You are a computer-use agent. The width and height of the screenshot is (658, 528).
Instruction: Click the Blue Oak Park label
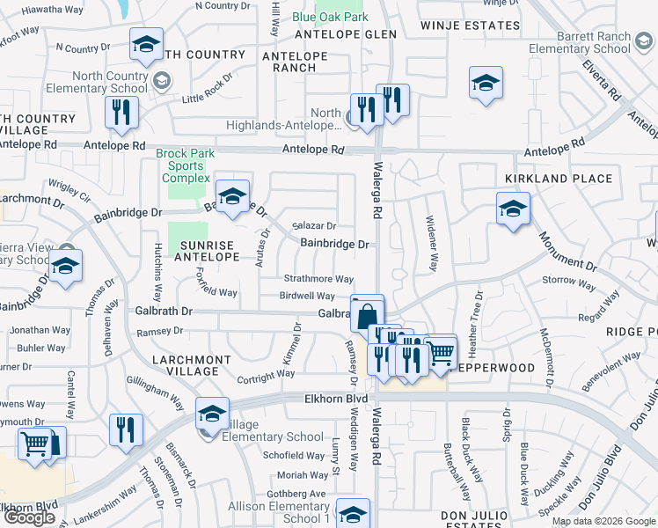[330, 17]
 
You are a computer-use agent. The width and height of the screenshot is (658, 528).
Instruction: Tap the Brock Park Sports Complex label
[185, 165]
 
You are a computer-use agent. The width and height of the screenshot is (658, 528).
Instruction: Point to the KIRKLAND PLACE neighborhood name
[545, 179]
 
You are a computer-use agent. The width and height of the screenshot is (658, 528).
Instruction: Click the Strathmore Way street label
[318, 279]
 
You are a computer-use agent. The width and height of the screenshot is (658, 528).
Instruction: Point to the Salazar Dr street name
[315, 226]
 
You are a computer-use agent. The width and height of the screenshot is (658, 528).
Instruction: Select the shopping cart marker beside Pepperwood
[440, 353]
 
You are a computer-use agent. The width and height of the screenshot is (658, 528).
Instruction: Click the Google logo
[29, 517]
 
